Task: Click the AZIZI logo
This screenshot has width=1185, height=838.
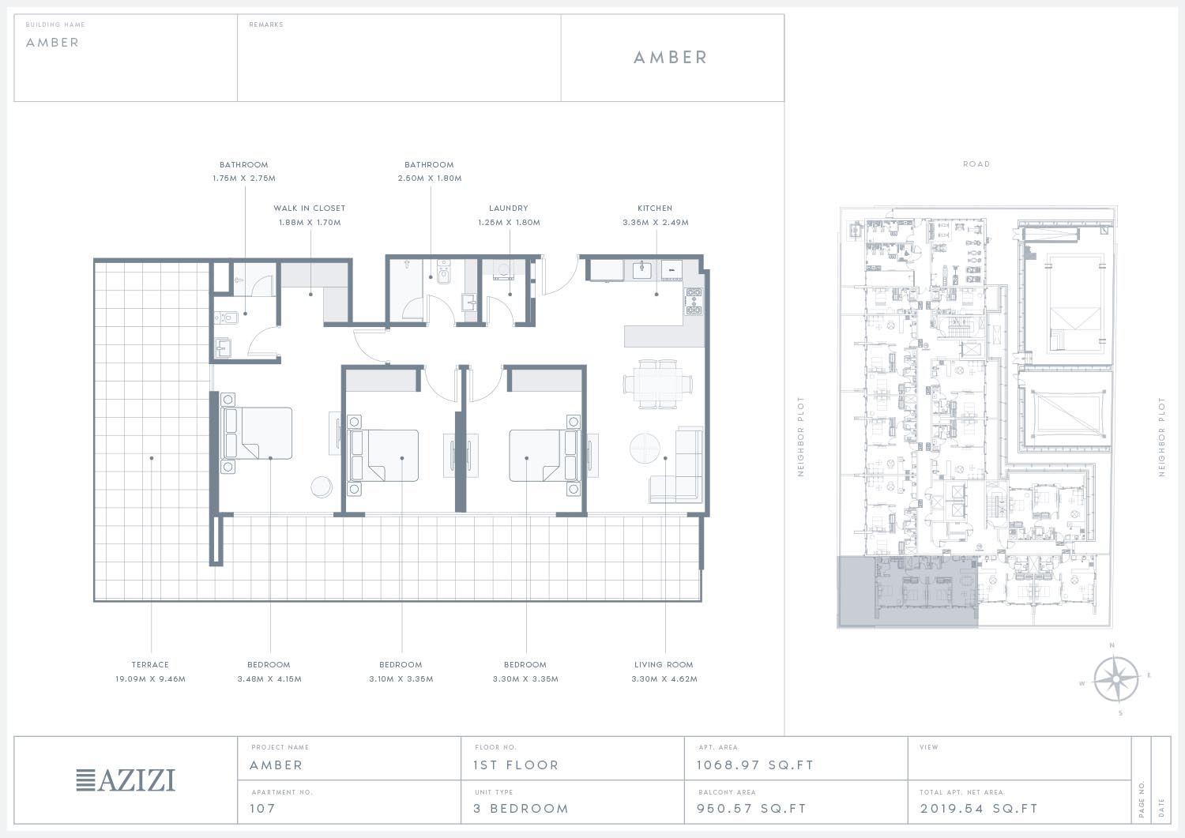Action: click(x=126, y=780)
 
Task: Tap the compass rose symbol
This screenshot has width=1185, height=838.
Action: click(x=1115, y=678)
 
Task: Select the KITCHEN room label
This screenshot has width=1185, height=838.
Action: click(x=655, y=209)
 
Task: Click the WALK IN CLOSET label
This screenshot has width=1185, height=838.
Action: click(x=310, y=209)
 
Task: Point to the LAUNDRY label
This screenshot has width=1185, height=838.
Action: click(x=509, y=209)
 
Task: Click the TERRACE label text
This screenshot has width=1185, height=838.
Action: click(x=150, y=665)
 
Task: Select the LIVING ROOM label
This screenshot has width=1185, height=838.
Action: click(x=664, y=665)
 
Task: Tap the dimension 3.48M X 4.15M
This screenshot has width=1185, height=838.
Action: click(x=269, y=679)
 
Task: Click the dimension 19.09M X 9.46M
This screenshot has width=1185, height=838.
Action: click(x=150, y=679)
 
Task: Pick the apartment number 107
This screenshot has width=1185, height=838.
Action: click(x=262, y=809)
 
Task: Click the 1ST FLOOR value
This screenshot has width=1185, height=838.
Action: click(x=516, y=765)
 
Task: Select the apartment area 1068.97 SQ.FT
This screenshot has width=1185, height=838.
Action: click(x=755, y=765)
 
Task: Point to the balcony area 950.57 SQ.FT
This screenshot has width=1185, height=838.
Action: click(x=752, y=809)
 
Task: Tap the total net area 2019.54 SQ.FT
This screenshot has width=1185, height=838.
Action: click(x=980, y=809)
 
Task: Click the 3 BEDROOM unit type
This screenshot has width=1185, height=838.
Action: click(x=521, y=809)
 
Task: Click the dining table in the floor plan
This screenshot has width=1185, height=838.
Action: click(x=658, y=384)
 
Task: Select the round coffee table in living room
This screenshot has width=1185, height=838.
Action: click(x=645, y=448)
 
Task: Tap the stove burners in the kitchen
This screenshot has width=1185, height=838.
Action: click(x=694, y=301)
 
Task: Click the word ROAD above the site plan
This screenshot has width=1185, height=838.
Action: click(x=976, y=164)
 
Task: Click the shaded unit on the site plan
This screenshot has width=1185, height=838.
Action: click(x=907, y=592)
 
